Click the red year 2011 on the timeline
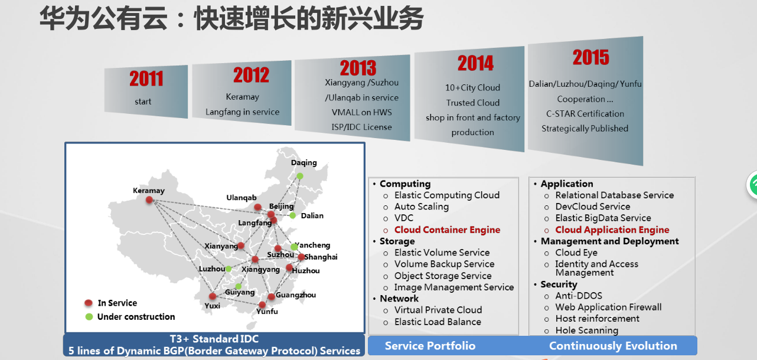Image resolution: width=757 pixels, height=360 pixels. (x=146, y=78)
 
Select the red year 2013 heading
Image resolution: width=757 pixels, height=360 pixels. (x=358, y=67)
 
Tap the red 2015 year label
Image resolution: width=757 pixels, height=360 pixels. (x=590, y=57)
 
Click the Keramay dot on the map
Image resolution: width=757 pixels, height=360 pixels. (x=149, y=200)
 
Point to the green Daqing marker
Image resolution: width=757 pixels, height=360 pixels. (x=300, y=176)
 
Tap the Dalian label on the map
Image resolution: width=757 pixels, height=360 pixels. (x=312, y=215)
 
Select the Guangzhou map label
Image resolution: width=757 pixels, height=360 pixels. (x=296, y=295)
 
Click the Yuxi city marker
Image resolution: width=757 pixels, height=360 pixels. (x=212, y=296)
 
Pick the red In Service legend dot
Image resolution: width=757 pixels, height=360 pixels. (x=89, y=303)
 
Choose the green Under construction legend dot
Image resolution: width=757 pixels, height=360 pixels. (x=89, y=317)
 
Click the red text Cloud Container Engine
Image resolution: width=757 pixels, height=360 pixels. (x=447, y=230)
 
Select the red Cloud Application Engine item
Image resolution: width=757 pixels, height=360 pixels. (x=612, y=230)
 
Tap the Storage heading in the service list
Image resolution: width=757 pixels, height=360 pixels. (x=397, y=241)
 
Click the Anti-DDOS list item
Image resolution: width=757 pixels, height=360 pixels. (x=579, y=296)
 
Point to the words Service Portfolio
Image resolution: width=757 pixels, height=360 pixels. (x=430, y=346)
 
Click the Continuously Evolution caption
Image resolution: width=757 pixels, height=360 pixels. (x=613, y=346)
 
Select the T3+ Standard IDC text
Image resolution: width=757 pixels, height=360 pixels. (x=214, y=339)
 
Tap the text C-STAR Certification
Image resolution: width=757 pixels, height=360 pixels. (x=585, y=114)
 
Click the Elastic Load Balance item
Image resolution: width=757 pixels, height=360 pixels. (x=438, y=322)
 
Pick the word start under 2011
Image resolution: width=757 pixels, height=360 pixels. (x=143, y=102)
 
